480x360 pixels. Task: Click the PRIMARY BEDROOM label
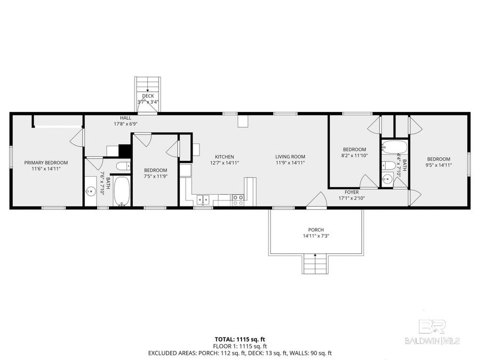[x=46, y=162]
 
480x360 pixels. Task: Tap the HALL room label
[x=125, y=117]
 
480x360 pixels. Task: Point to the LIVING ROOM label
[x=290, y=157]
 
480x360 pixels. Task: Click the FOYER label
[x=351, y=192]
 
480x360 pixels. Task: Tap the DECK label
[x=148, y=96]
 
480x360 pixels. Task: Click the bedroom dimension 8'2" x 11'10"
[x=354, y=156]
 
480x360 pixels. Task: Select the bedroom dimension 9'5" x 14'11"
[x=438, y=165]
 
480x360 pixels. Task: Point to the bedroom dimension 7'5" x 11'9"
[x=155, y=176]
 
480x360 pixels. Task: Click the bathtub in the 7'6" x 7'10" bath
[x=122, y=191]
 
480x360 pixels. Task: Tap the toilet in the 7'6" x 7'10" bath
[x=122, y=166]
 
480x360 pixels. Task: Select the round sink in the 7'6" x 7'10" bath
[x=91, y=191]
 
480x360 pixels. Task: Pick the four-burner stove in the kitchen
[x=238, y=200]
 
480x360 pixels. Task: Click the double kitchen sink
[x=202, y=201]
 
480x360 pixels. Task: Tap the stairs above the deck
[x=148, y=84]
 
